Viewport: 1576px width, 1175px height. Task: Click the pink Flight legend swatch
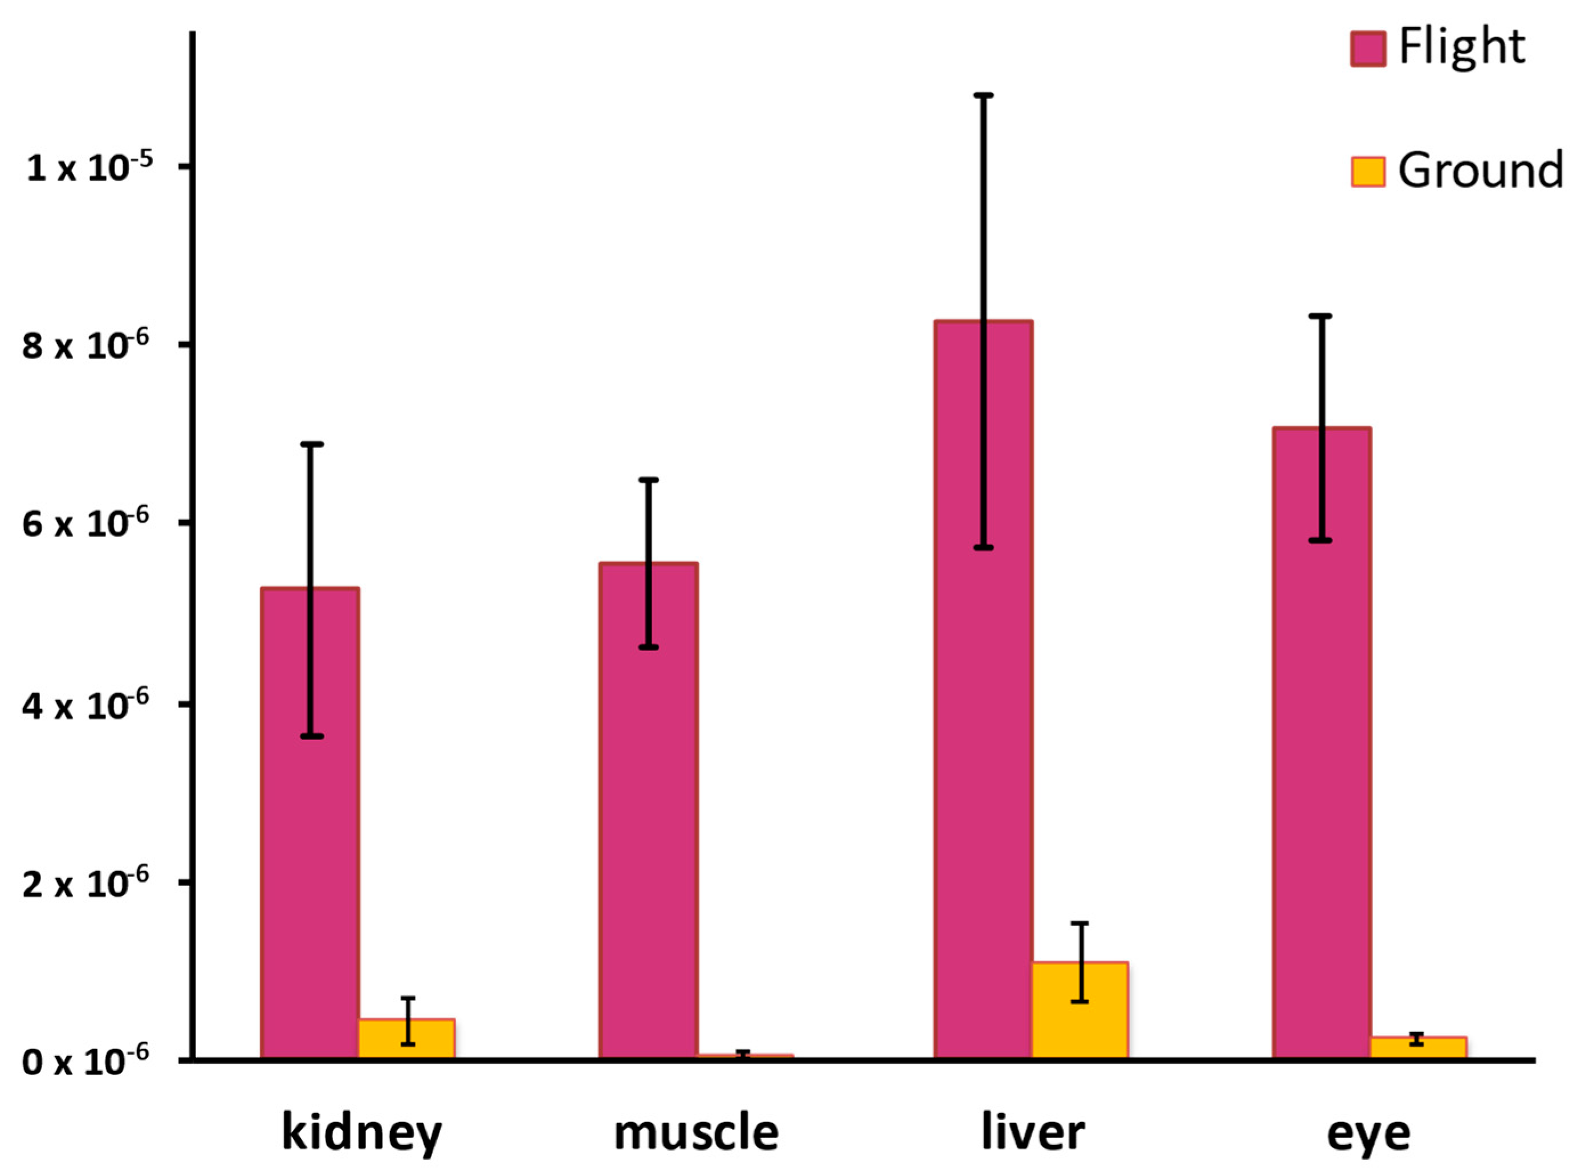(1367, 49)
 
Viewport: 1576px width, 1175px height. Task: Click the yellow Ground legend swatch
(1367, 172)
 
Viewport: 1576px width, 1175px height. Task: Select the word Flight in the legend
(1461, 47)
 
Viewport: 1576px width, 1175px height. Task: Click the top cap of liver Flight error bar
(983, 95)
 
